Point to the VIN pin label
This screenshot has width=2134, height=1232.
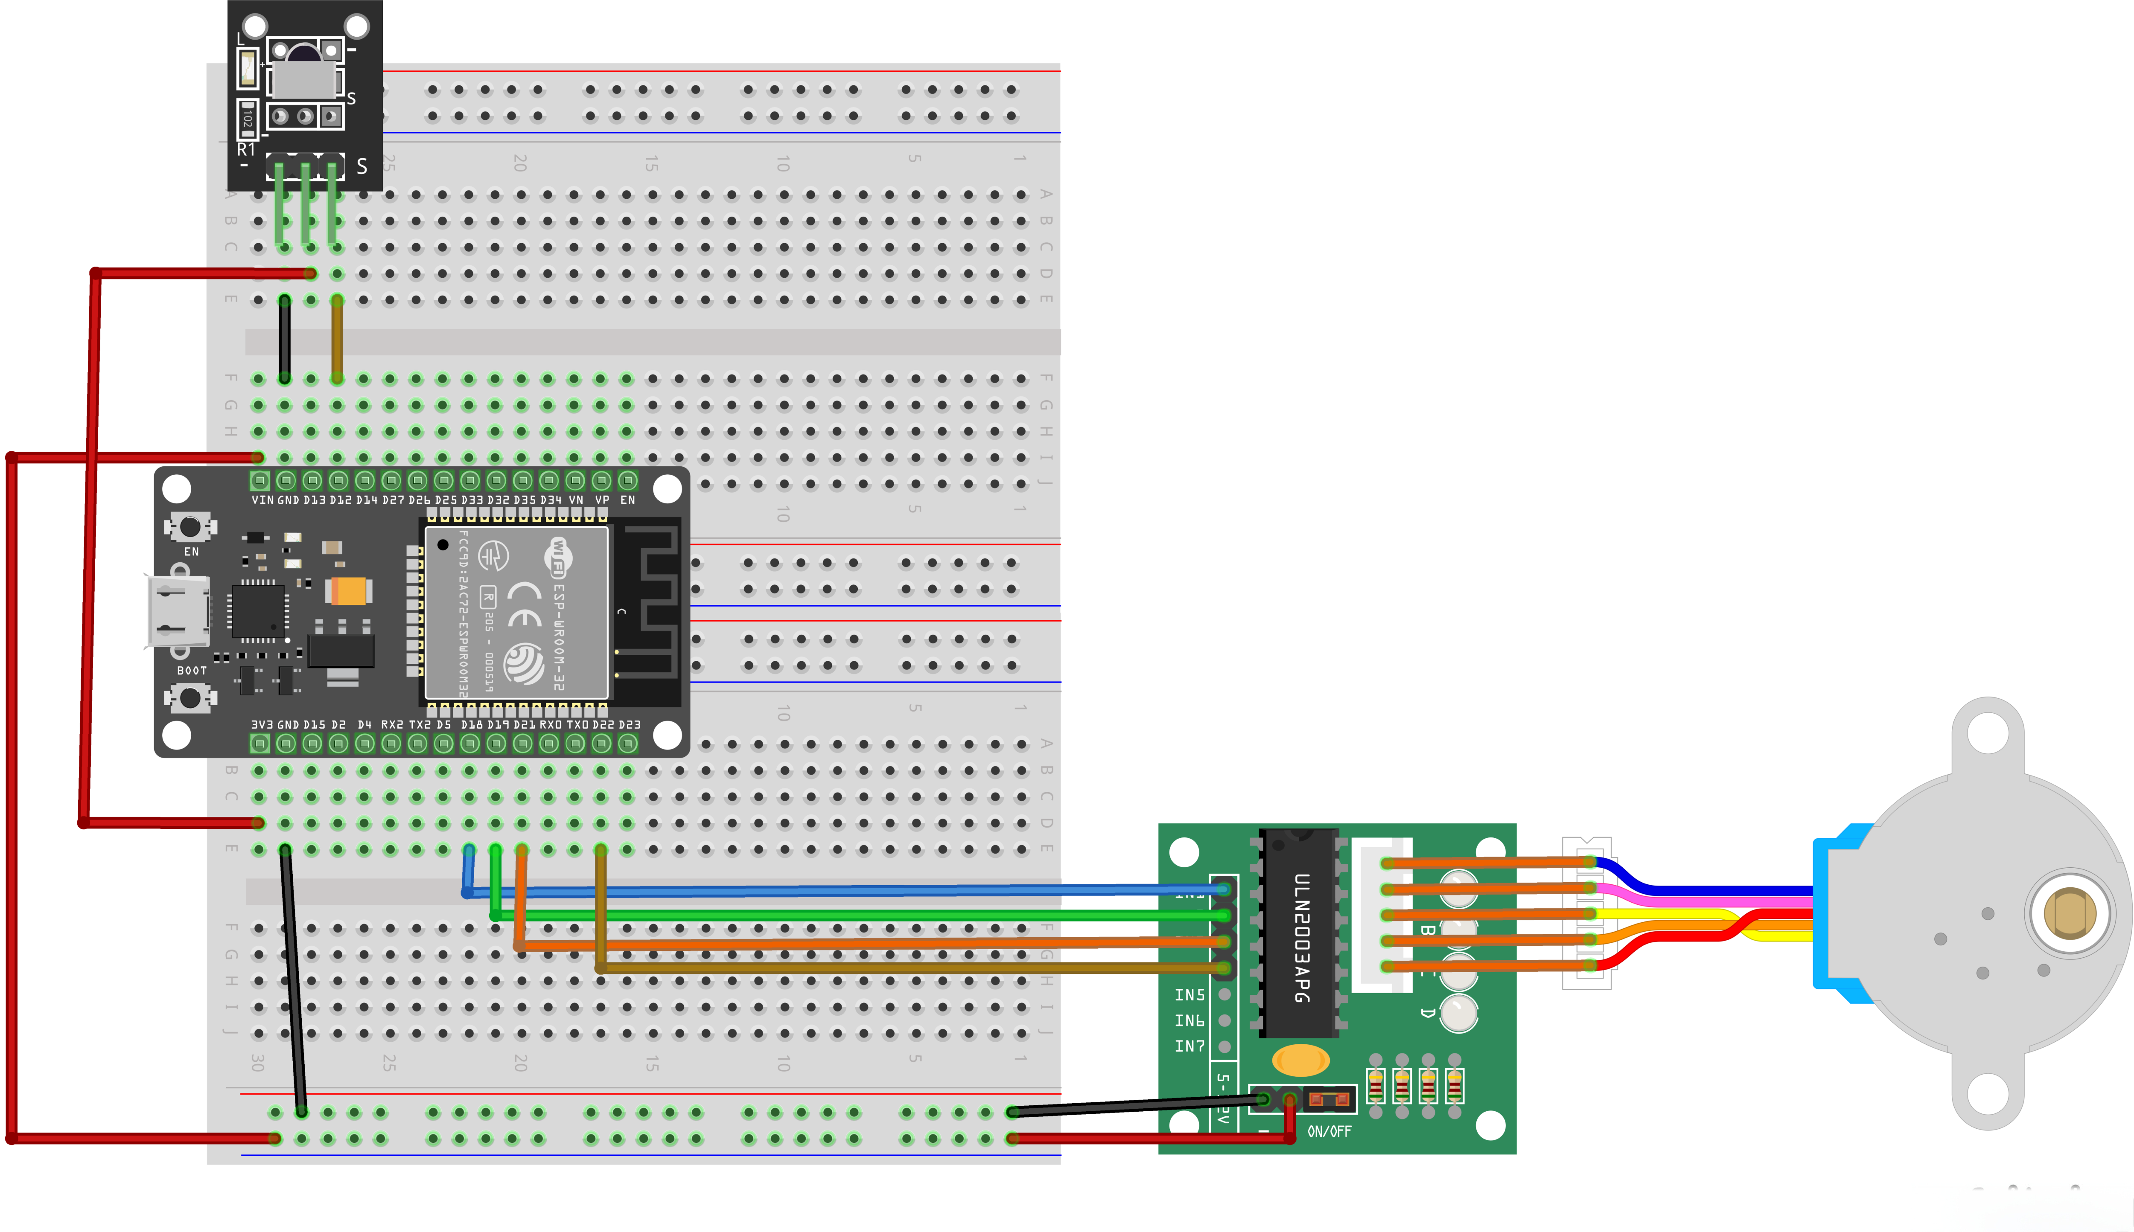pyautogui.click(x=262, y=500)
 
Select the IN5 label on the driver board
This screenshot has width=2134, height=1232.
pyautogui.click(x=1189, y=995)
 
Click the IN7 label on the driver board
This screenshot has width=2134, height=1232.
pyautogui.click(x=1189, y=1047)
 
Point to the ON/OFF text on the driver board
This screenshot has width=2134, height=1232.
pyautogui.click(x=1329, y=1131)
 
